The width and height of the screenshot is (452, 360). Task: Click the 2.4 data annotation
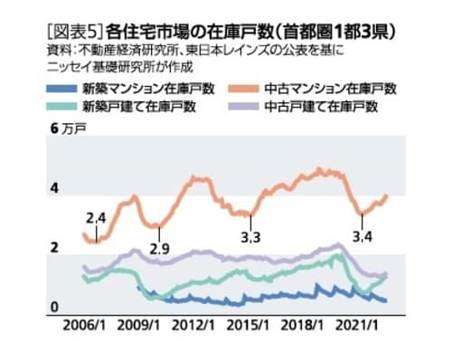click(x=96, y=218)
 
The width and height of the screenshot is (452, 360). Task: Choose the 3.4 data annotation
click(x=363, y=237)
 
